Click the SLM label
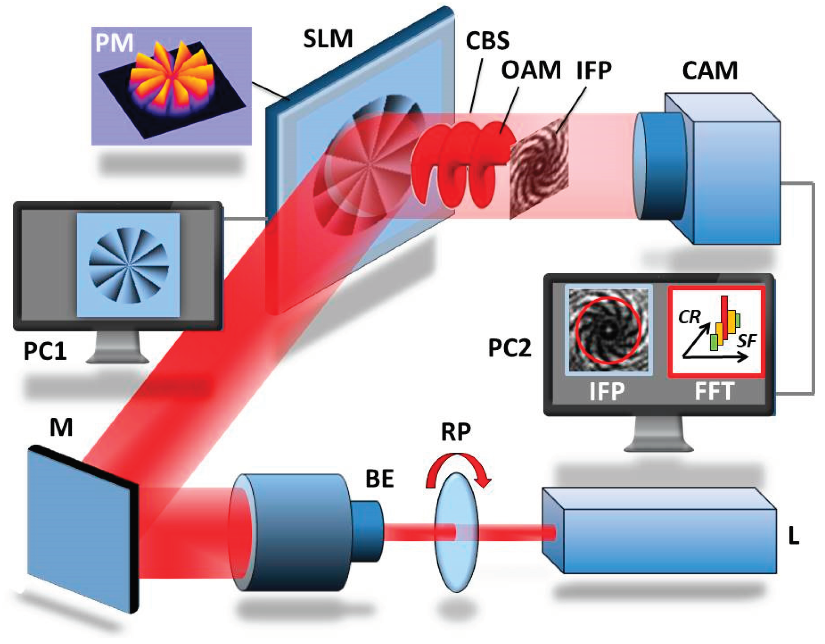pos(327,39)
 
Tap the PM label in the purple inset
pos(114,43)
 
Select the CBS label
pos(487,41)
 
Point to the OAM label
pos(531,70)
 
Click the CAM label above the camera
pos(710,71)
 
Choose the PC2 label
pos(510,347)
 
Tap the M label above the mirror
pos(61,428)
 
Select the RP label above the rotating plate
pos(456,432)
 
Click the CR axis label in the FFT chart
pos(690,317)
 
